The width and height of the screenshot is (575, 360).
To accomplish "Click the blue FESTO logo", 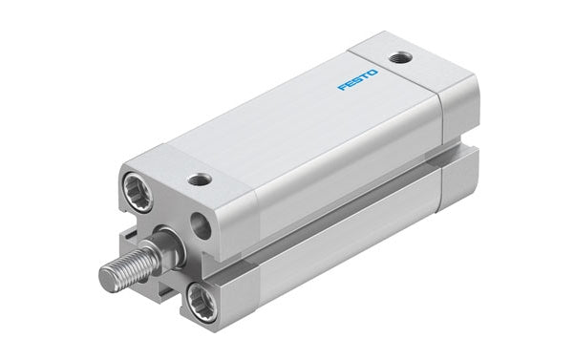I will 359,79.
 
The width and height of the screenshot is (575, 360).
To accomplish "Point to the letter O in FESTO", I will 375,71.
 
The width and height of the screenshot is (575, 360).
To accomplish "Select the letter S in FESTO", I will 358,79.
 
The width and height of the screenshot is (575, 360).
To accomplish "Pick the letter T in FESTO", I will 367,75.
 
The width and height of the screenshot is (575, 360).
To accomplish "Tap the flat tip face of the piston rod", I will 105,278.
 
